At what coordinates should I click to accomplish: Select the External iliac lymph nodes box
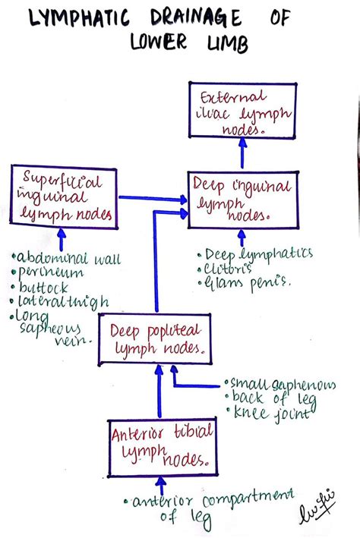pos(243,112)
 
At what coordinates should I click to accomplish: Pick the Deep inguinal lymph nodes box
pos(237,199)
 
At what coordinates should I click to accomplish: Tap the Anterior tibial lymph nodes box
pos(161,448)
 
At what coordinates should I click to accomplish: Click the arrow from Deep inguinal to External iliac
pos(242,156)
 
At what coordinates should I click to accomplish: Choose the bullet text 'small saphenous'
pos(280,385)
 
